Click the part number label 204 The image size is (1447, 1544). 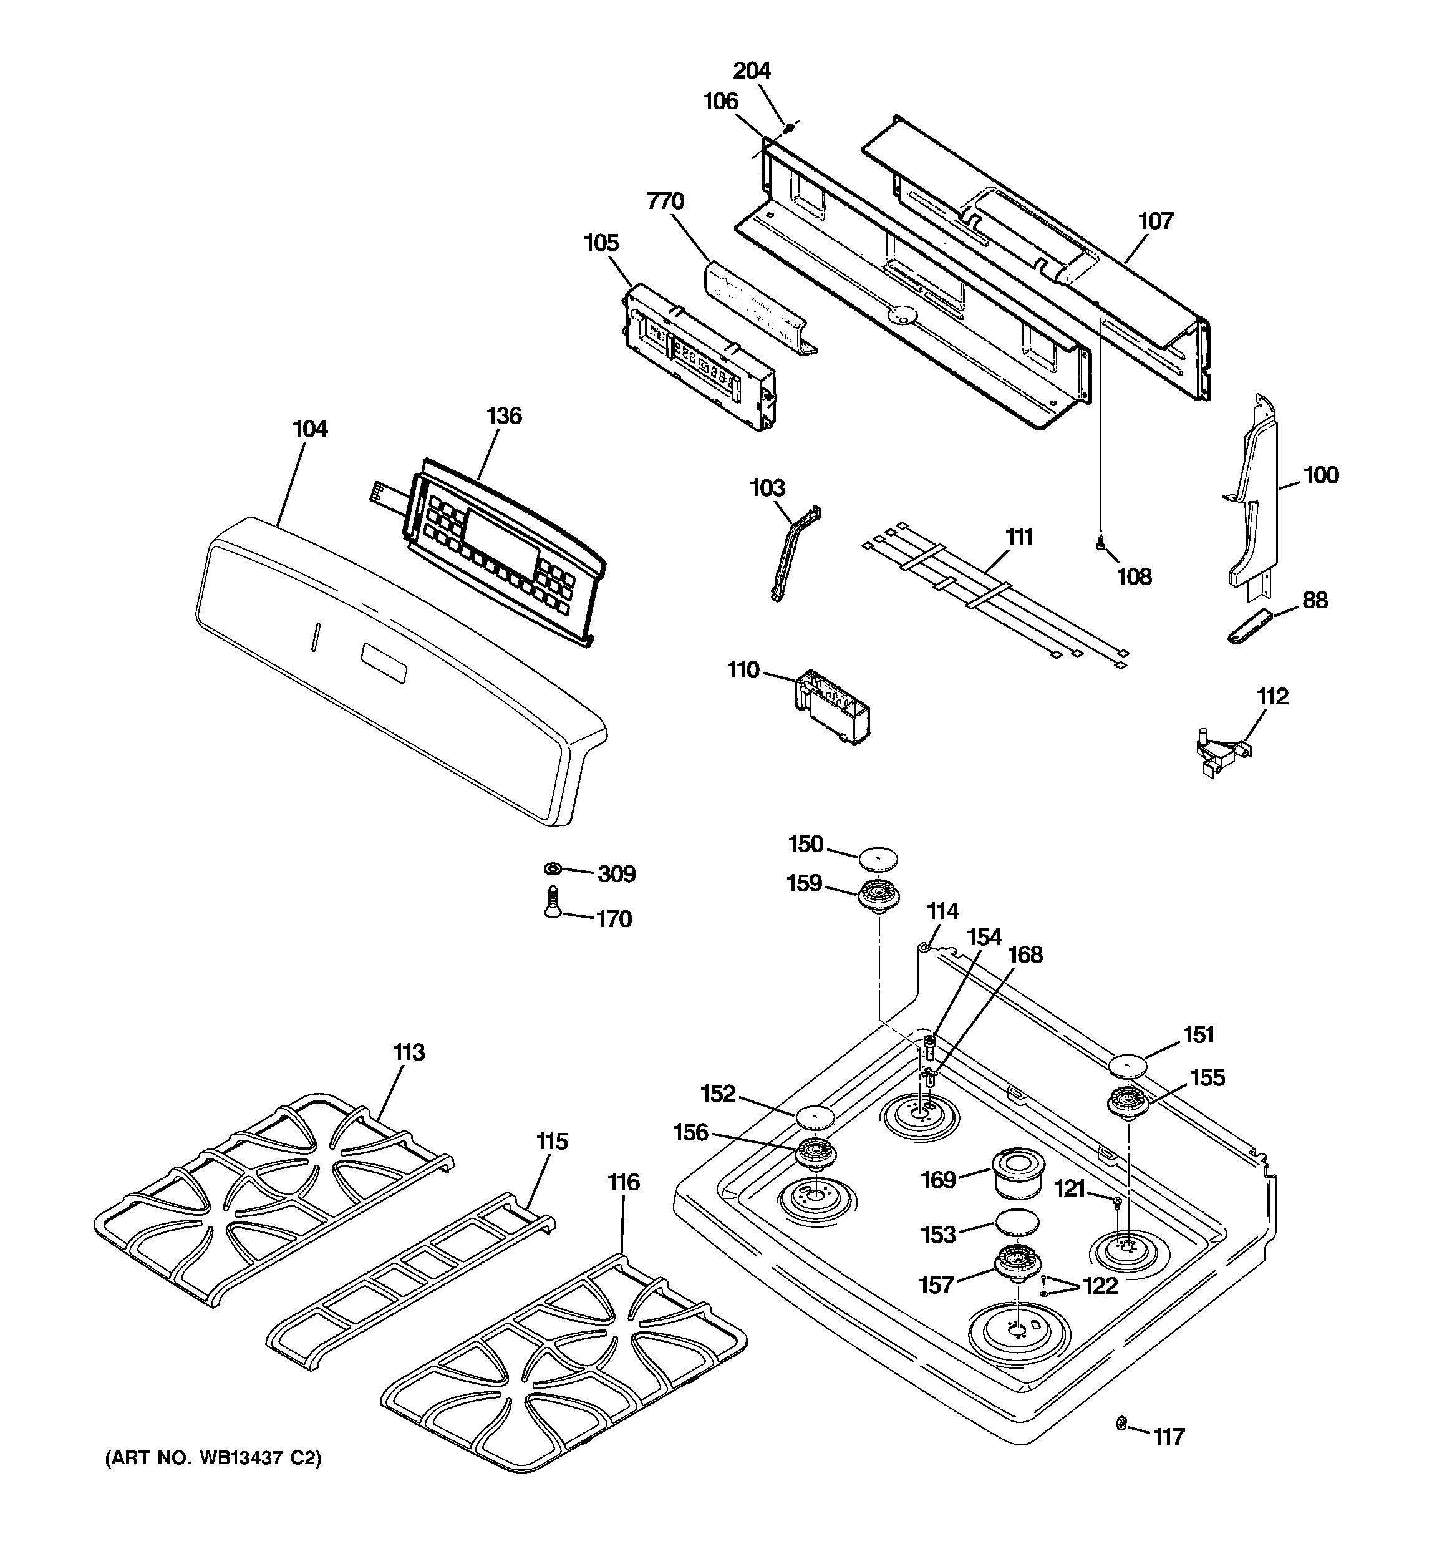(751, 70)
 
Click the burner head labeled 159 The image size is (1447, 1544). (878, 895)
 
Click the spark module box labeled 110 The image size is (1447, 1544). (831, 707)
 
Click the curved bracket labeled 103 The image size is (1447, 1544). (794, 553)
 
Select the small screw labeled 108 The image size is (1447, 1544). (1100, 546)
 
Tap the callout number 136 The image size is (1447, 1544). (503, 415)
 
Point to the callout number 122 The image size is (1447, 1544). (1100, 1285)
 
